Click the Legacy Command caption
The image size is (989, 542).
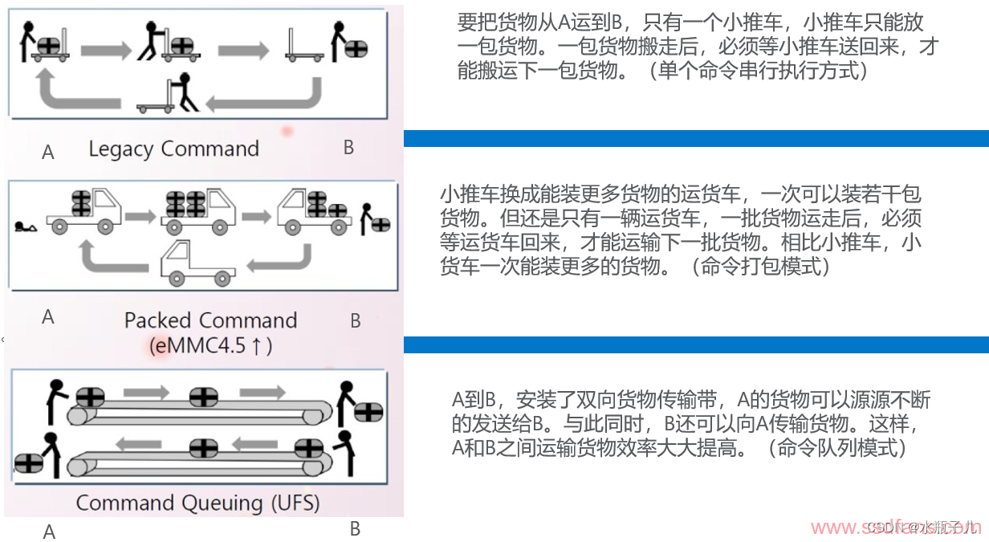pyautogui.click(x=173, y=149)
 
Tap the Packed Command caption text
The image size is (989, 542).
pyautogui.click(x=210, y=320)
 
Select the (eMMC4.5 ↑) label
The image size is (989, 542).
pyautogui.click(x=210, y=346)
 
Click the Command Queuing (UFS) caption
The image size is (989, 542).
pyautogui.click(x=197, y=503)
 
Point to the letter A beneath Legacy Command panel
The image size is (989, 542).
pyautogui.click(x=48, y=152)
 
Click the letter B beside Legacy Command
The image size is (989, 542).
pyautogui.click(x=348, y=148)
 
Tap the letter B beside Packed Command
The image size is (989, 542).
pyautogui.click(x=356, y=321)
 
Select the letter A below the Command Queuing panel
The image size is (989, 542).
pyautogui.click(x=49, y=532)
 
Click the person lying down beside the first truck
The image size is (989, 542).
pyautogui.click(x=25, y=228)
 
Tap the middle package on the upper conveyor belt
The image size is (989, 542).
pyautogui.click(x=203, y=397)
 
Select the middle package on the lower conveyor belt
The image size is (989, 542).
pyautogui.click(x=200, y=446)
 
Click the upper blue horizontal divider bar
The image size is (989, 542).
pyautogui.click(x=695, y=138)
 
